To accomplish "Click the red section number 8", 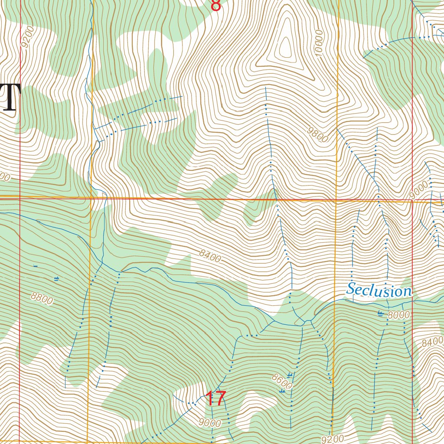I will pyautogui.click(x=215, y=6).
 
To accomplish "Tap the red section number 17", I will pyautogui.click(x=215, y=398).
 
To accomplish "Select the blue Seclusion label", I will pyautogui.click(x=379, y=290).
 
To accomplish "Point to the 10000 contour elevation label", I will pyautogui.click(x=320, y=43).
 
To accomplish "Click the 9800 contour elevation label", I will pyautogui.click(x=317, y=134).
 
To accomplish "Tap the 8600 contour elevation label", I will pyautogui.click(x=282, y=382).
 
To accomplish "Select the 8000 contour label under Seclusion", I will pyautogui.click(x=398, y=315).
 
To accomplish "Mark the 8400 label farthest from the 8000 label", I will pyautogui.click(x=210, y=256).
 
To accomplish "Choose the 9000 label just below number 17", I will pyautogui.click(x=211, y=423).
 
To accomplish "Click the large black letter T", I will pyautogui.click(x=11, y=98).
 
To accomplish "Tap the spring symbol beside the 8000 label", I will pyautogui.click(x=381, y=313).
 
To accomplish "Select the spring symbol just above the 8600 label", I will pyautogui.click(x=289, y=374).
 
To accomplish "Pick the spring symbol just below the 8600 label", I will pyautogui.click(x=283, y=391).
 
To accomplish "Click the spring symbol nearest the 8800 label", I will pyautogui.click(x=56, y=278).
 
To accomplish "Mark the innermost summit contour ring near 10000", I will pyautogui.click(x=285, y=48).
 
